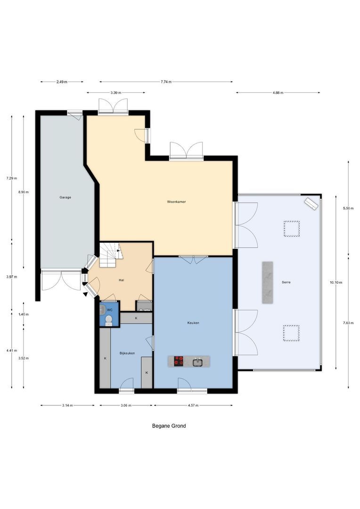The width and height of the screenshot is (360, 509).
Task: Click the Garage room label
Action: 65,197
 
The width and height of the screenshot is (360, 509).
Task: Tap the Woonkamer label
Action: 176,202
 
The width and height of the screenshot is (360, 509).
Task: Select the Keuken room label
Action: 193,323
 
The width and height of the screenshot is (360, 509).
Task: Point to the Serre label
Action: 284,282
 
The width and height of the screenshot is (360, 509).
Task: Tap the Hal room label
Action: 122,280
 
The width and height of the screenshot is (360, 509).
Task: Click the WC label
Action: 109,310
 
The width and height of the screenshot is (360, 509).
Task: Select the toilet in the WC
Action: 109,320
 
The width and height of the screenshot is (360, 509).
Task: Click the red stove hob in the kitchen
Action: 179,361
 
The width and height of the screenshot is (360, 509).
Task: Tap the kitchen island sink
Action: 198,362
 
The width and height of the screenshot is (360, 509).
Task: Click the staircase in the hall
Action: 110,254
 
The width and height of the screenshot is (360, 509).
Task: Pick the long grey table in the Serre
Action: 268,282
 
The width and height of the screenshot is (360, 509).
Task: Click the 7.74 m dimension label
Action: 166,82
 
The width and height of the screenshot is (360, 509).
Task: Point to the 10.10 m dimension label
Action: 336,282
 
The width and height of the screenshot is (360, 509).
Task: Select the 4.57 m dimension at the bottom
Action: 193,405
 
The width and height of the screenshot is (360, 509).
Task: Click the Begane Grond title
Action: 169,426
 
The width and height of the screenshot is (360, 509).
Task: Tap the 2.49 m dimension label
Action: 62,82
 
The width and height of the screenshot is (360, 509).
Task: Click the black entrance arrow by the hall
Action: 85,295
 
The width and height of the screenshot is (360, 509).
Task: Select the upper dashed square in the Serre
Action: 291,229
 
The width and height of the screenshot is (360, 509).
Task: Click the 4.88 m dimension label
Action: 278,93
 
